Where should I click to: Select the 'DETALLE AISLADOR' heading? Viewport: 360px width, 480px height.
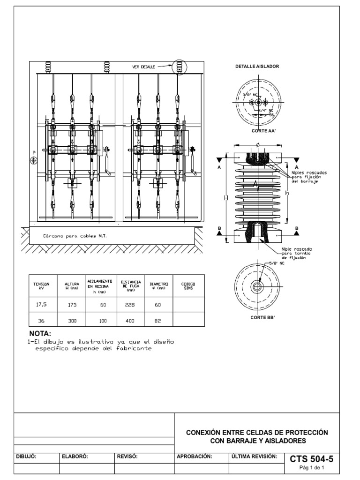pyautogui.click(x=257, y=67)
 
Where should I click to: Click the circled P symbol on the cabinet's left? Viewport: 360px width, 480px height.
pyautogui.click(x=33, y=161)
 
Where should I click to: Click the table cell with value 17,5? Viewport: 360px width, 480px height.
pyautogui.click(x=43, y=305)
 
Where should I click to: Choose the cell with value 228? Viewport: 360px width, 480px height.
pyautogui.click(x=130, y=305)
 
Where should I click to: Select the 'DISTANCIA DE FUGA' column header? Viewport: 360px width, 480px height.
pyautogui.click(x=130, y=286)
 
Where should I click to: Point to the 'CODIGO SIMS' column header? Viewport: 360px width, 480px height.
pyautogui.click(x=188, y=286)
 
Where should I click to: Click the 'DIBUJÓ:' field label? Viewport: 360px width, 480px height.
pyautogui.click(x=26, y=456)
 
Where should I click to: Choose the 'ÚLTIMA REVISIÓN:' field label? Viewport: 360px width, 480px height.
pyautogui.click(x=255, y=456)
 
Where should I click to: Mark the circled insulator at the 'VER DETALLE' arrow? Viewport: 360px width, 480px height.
pyautogui.click(x=180, y=67)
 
